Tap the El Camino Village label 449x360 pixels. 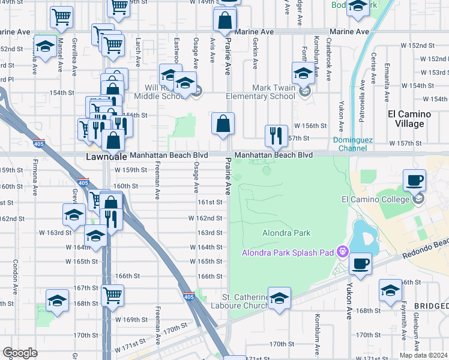pos(409,119)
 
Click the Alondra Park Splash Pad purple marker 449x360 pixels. pos(343,252)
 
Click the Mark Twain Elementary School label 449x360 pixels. pos(261,92)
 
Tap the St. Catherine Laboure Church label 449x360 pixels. pos(243,301)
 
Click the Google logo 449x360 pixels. pos(20,353)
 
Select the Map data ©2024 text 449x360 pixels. pos(423,355)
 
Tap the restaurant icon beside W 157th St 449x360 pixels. pos(276,135)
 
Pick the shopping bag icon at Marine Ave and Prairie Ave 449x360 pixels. pos(224,19)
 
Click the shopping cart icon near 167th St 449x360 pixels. pos(113,295)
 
